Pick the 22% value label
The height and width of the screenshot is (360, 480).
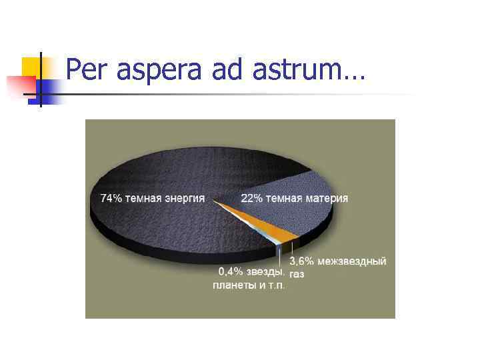tap(251, 198)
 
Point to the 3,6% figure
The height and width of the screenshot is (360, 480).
tap(301, 261)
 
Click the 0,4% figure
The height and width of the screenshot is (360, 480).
tap(231, 272)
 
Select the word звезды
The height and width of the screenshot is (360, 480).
tap(265, 272)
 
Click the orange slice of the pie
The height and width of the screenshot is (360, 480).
tap(280, 230)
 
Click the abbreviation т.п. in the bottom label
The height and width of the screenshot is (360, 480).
tap(275, 285)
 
